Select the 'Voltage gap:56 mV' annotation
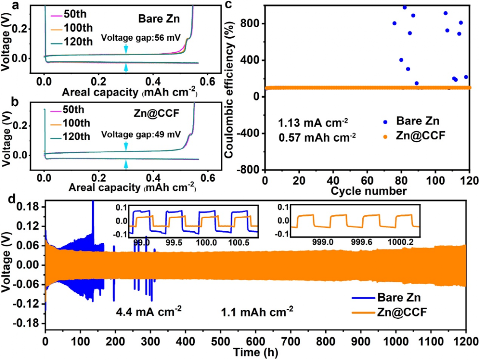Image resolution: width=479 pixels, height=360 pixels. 141,38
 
